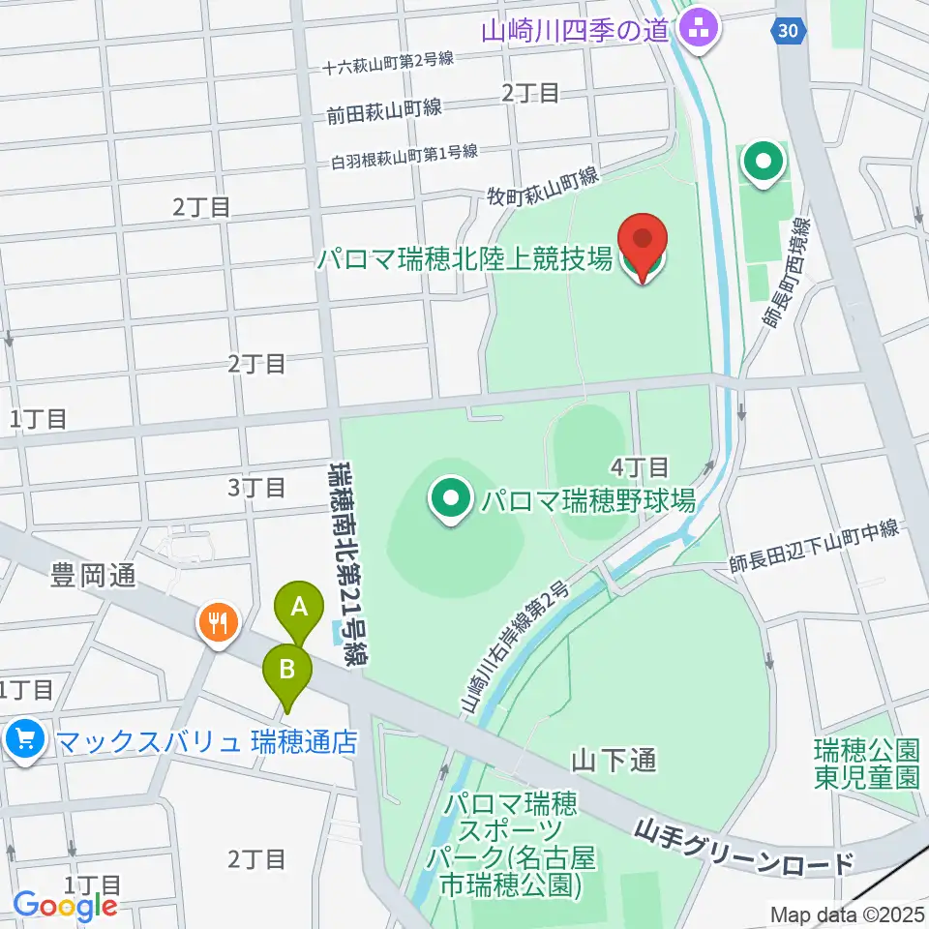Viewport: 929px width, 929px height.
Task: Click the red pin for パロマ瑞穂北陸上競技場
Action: [643, 243]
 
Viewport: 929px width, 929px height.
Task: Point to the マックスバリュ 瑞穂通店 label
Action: [207, 742]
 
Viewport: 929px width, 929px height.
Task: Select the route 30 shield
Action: [790, 32]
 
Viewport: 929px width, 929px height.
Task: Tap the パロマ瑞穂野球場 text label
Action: [588, 500]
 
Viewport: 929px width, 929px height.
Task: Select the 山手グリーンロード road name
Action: [745, 847]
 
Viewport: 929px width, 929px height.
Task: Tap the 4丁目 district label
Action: [640, 467]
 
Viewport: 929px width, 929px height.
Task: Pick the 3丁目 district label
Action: [256, 487]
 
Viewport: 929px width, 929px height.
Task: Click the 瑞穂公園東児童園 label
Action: [865, 764]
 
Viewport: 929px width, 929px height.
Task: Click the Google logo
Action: [65, 905]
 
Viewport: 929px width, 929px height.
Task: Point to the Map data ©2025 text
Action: [847, 914]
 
